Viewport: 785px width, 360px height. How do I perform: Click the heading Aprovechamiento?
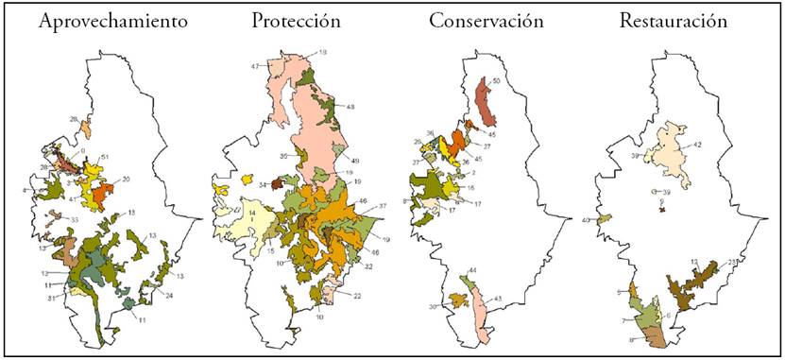[x=98, y=22]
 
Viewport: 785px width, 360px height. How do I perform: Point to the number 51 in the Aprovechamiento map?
[x=106, y=158]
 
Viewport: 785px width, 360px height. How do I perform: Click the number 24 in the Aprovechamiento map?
[x=168, y=296]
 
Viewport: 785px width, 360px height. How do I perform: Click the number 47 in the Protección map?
[x=255, y=66]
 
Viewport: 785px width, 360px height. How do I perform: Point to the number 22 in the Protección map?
[x=358, y=296]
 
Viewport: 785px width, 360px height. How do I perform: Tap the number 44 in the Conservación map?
[x=472, y=271]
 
